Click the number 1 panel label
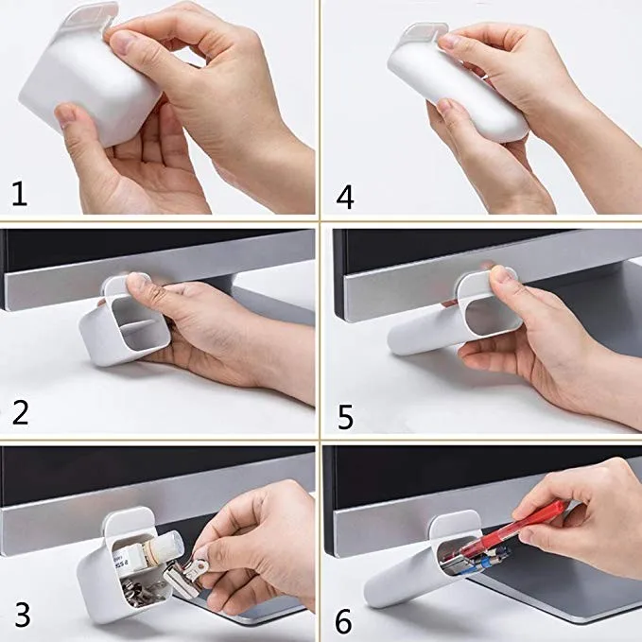(x=19, y=194)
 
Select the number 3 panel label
(x=21, y=616)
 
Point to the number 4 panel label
(x=345, y=196)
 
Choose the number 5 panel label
(x=345, y=413)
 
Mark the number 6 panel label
(x=344, y=620)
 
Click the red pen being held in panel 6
(x=529, y=526)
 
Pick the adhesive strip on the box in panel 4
(x=421, y=35)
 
